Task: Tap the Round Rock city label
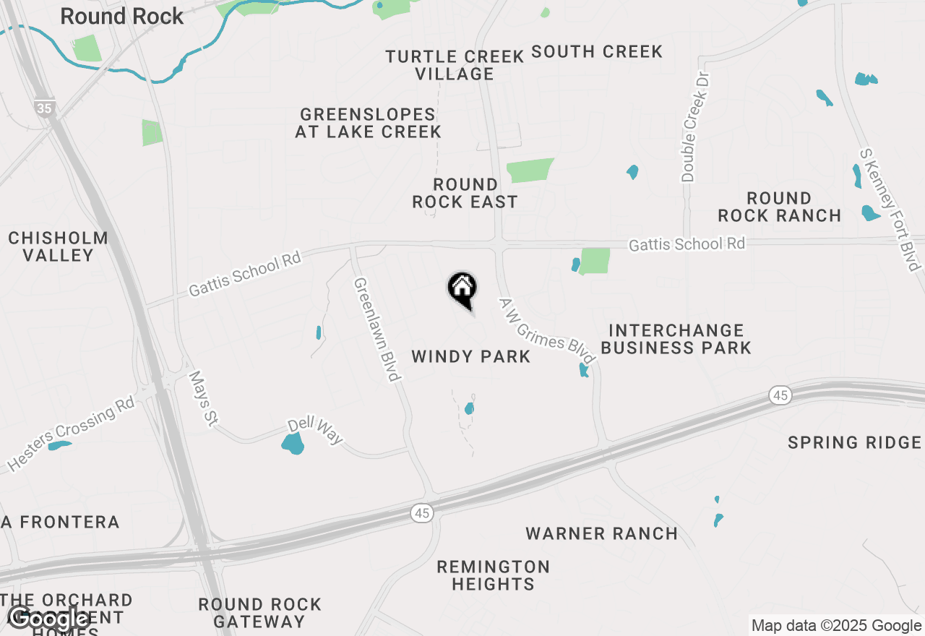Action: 121,16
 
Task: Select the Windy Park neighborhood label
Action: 470,356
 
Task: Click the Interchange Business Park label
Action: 676,339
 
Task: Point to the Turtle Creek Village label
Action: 455,65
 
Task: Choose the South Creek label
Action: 597,52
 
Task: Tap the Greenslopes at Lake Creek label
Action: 368,123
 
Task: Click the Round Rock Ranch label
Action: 779,207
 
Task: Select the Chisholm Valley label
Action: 58,246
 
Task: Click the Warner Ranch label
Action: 601,534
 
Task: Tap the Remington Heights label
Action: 493,575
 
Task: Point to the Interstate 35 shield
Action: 44,108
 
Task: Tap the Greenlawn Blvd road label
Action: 377,329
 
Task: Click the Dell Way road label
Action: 315,431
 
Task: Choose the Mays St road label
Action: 202,399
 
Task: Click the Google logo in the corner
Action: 48,619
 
